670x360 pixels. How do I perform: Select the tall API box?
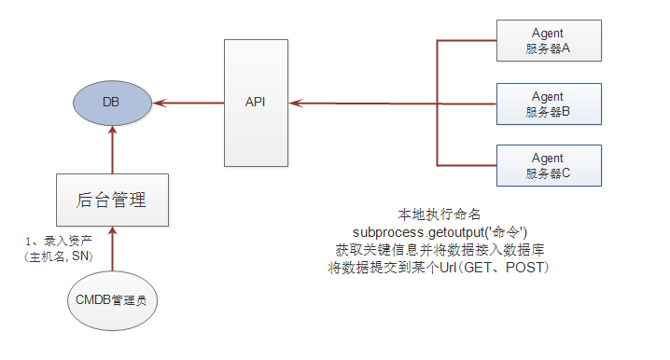255,102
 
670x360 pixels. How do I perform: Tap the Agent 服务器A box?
548,41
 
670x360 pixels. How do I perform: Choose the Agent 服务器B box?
548,104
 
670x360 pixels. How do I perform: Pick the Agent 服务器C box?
548,165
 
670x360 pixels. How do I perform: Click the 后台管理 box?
111,199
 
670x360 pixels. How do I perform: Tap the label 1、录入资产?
58,241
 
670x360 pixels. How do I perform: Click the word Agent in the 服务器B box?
548,96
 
